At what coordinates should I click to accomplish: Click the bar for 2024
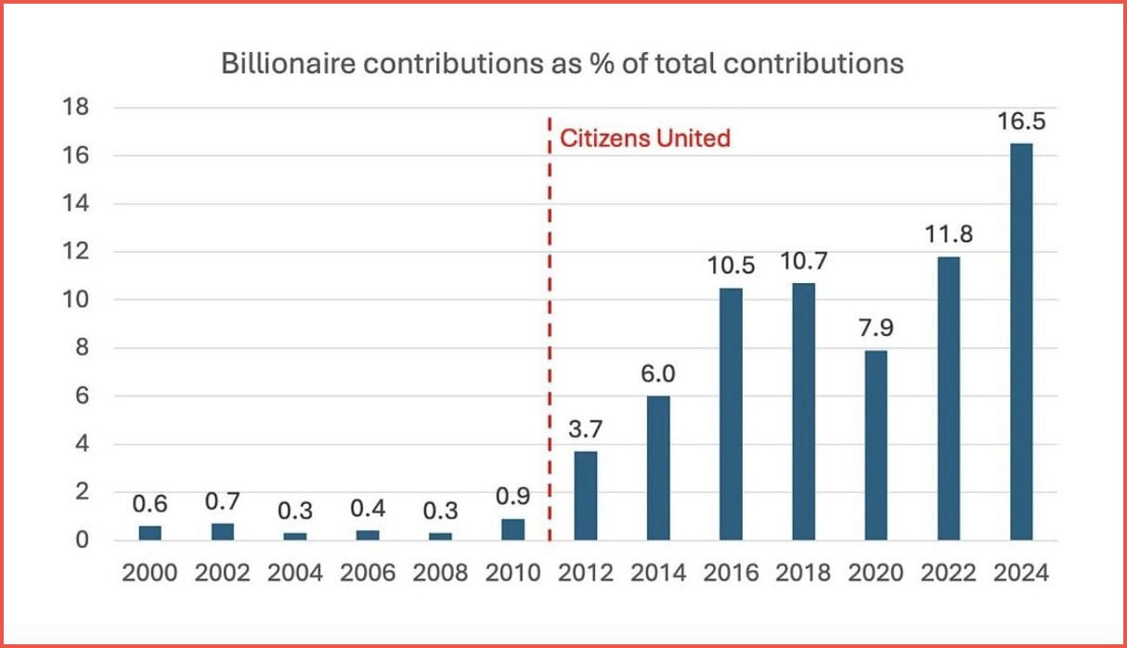click(1021, 342)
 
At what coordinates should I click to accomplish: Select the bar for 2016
click(731, 414)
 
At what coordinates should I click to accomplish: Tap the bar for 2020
click(875, 445)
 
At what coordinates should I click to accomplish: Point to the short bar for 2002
click(222, 531)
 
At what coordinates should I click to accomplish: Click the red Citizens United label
click(645, 139)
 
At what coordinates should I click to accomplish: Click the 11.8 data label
click(949, 235)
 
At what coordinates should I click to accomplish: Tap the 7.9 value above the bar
click(875, 330)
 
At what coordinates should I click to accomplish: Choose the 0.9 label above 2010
click(512, 498)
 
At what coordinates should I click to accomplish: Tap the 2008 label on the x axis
click(440, 573)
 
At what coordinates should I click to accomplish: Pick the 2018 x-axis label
click(803, 573)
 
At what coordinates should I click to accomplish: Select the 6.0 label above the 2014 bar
click(658, 374)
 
